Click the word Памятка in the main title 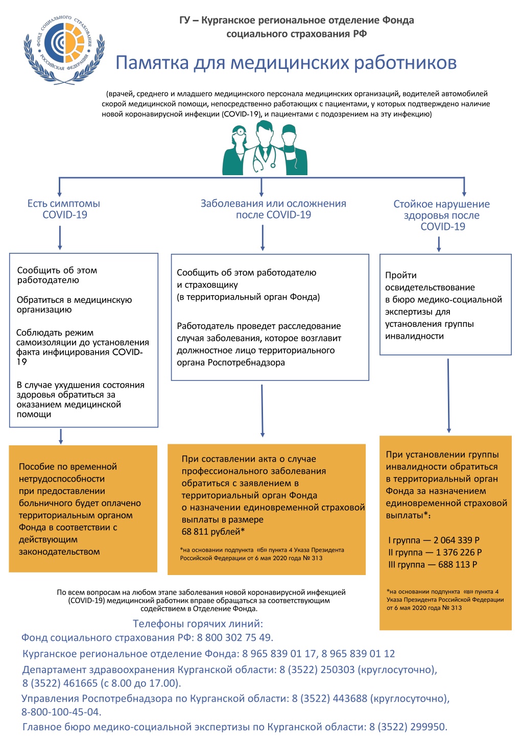click(x=152, y=62)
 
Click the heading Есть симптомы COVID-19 click(x=64, y=209)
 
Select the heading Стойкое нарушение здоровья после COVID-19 click(x=442, y=215)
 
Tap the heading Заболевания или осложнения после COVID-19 click(x=273, y=209)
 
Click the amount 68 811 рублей click(x=211, y=532)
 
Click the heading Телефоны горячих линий click(x=198, y=624)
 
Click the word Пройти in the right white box click(x=401, y=275)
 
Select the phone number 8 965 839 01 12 click(x=358, y=654)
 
